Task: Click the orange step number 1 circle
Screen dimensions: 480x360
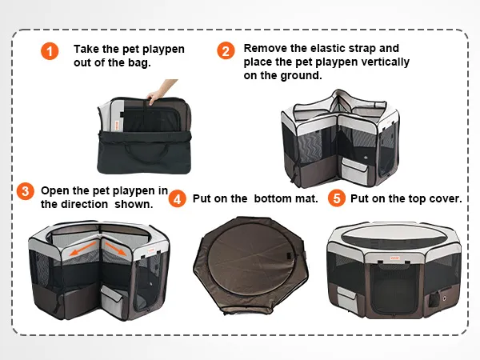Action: [50, 51]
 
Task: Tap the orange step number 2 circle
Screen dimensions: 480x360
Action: [226, 51]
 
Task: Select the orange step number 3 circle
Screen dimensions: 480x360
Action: [26, 191]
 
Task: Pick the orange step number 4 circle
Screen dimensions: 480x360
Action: [178, 198]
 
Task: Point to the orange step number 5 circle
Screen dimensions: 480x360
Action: [337, 198]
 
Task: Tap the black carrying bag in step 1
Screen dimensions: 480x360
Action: [144, 152]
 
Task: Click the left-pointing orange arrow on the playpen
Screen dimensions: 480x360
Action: [83, 248]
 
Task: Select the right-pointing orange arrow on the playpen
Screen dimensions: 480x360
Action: [115, 248]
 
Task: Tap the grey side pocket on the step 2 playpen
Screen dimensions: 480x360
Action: [355, 172]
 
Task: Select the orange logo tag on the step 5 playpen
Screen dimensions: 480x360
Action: [395, 258]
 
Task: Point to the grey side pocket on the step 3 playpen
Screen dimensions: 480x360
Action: [114, 301]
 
